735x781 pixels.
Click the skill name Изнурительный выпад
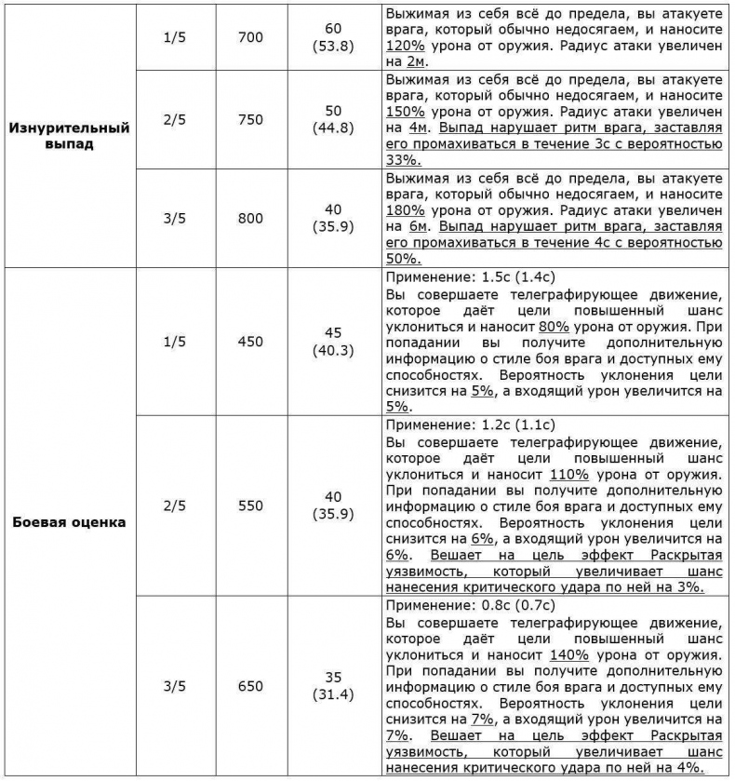click(x=70, y=136)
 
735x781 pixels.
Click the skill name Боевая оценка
click(x=70, y=521)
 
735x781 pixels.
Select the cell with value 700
click(x=250, y=37)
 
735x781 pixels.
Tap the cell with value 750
click(x=250, y=120)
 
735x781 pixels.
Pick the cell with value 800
click(x=250, y=219)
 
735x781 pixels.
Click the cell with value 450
click(x=250, y=342)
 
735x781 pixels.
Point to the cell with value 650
click(x=250, y=687)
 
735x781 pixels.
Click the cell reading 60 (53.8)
click(x=333, y=37)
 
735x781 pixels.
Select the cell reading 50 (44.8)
click(x=333, y=120)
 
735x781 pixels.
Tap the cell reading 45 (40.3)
click(x=333, y=342)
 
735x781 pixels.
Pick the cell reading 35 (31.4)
click(x=333, y=687)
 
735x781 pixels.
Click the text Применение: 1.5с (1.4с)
click(x=470, y=276)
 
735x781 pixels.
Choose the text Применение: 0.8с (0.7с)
click(x=470, y=605)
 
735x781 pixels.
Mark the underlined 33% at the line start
click(x=401, y=159)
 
